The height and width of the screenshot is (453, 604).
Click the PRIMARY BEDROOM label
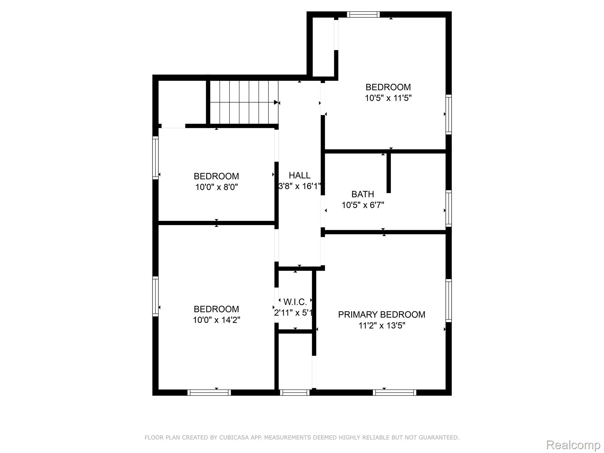tap(382, 315)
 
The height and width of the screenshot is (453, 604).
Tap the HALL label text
tap(300, 175)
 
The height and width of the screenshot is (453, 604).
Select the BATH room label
tap(363, 194)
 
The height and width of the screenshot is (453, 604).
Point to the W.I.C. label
tap(295, 302)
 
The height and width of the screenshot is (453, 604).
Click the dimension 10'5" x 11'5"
tap(388, 98)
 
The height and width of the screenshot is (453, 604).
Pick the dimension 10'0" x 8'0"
tap(216, 187)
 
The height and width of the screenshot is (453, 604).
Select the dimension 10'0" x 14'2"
tap(216, 320)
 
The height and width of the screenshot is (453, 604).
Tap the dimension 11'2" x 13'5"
tap(382, 326)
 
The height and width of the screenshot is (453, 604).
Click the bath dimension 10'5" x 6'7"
tap(363, 205)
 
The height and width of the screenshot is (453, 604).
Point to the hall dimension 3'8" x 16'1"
tap(300, 186)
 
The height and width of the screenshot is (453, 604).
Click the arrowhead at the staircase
tap(276, 102)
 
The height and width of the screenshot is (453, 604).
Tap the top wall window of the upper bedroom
tap(363, 14)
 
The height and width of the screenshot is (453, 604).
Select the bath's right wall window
tap(449, 209)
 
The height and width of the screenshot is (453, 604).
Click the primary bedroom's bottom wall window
tap(395, 393)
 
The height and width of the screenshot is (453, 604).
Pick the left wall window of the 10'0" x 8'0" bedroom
tap(155, 158)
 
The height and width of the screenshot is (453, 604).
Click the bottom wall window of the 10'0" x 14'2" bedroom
tap(209, 393)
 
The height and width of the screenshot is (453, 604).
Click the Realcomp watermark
tap(573, 445)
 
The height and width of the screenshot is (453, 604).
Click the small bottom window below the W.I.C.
tap(295, 393)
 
